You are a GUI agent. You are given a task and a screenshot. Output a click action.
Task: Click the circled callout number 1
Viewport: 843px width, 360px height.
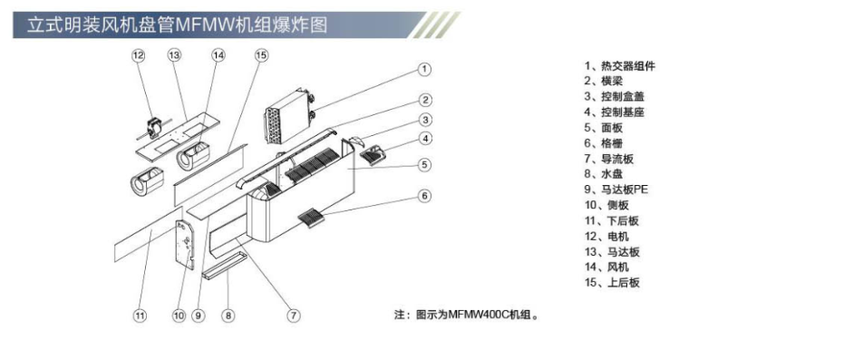(x=424, y=69)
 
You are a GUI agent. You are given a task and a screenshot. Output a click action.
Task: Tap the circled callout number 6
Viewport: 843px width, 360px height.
(x=424, y=196)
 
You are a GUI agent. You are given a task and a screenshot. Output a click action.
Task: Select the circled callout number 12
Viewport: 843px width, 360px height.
(x=139, y=55)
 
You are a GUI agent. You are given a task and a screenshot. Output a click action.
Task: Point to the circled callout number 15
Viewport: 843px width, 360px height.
(x=261, y=55)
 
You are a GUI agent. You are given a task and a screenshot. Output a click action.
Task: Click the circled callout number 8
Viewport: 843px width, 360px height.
(x=228, y=316)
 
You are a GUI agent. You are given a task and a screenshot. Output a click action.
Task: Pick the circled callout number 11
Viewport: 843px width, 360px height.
(x=139, y=316)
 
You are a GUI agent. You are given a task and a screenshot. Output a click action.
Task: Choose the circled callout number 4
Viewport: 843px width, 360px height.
(x=424, y=139)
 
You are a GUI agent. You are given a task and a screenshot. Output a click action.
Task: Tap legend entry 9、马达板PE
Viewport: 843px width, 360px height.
(x=616, y=190)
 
